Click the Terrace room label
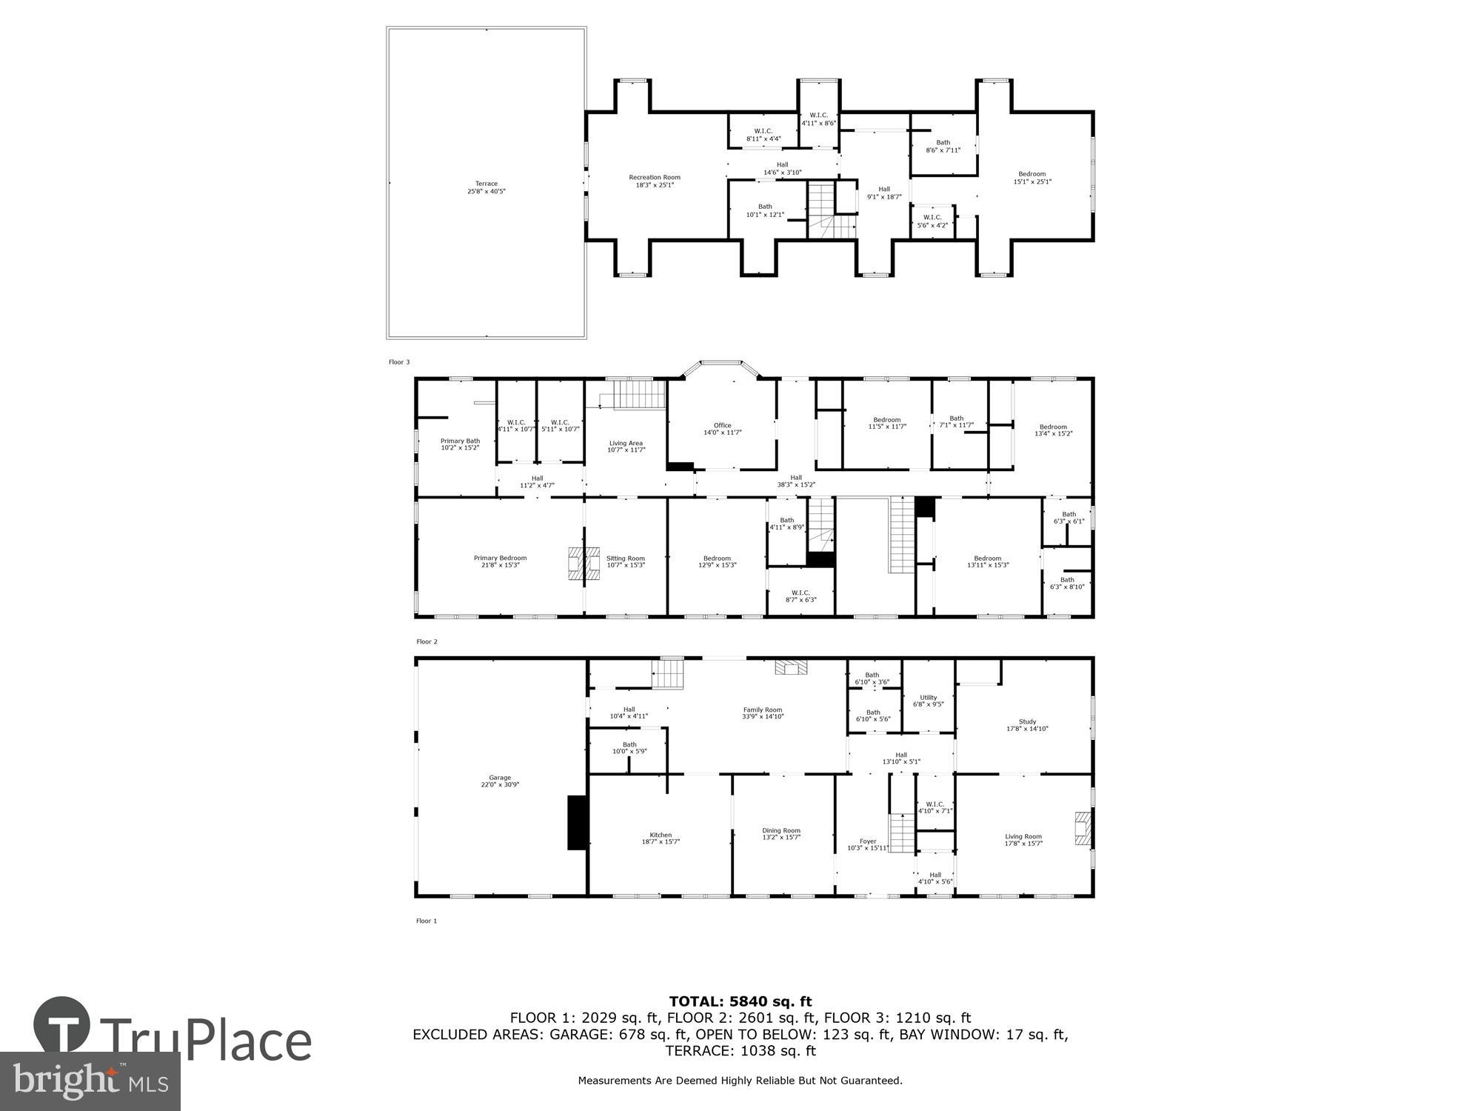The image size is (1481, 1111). point(487,187)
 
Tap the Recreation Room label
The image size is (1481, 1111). point(655,181)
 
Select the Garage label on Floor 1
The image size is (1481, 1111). point(500,781)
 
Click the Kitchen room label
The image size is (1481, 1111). point(661,838)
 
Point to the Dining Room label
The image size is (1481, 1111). point(781,833)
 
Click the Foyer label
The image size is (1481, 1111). point(868,844)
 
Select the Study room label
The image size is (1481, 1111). point(1027,724)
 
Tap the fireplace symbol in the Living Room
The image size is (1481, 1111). point(1083,829)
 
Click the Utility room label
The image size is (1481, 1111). point(929,701)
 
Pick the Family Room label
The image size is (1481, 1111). point(763,713)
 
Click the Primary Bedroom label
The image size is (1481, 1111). point(500,561)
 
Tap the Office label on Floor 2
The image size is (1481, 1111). point(722,428)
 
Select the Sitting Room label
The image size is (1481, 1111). point(626,561)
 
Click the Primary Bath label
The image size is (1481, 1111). point(460,444)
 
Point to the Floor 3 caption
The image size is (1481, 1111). point(399,362)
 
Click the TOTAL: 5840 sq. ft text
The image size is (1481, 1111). point(740,1001)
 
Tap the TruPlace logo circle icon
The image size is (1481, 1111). point(62,1026)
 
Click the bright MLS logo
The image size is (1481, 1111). point(90,1081)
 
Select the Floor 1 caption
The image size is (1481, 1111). point(427,921)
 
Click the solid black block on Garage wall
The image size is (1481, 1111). point(578,822)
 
